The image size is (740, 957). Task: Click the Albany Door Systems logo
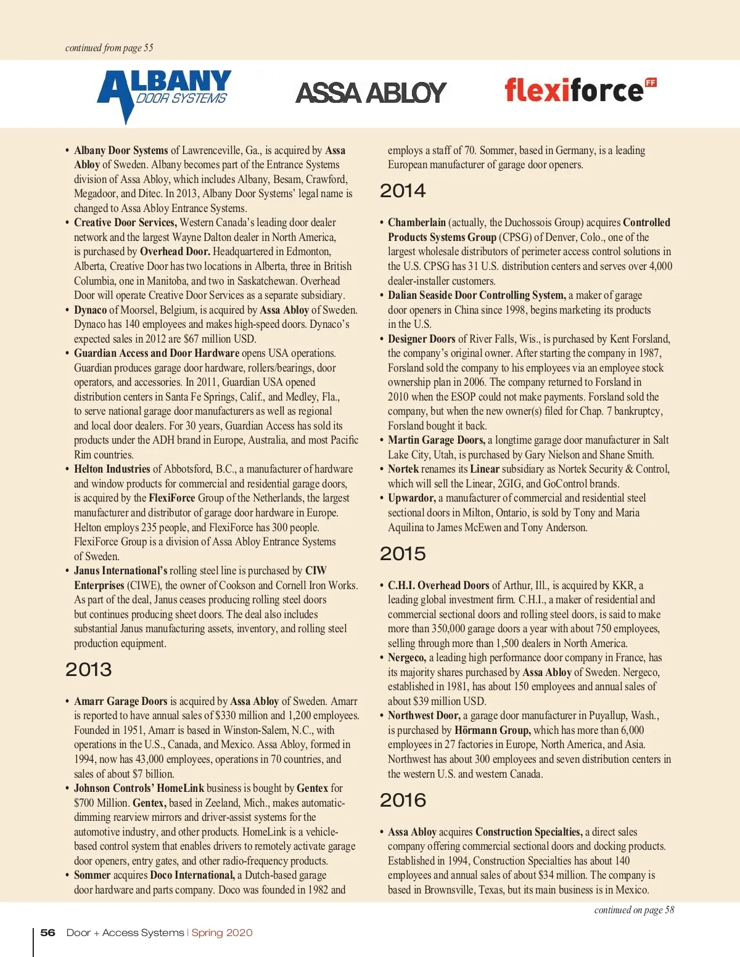click(x=164, y=94)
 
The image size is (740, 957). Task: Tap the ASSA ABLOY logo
click(x=371, y=93)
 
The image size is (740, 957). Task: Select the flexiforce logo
click(x=580, y=90)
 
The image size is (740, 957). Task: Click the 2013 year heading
click(x=89, y=670)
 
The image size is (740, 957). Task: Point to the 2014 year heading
click(x=403, y=191)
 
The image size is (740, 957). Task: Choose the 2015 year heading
click(x=403, y=554)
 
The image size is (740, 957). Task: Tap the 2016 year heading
click(x=403, y=800)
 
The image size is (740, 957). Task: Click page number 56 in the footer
click(x=47, y=933)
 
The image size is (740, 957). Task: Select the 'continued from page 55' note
click(x=109, y=48)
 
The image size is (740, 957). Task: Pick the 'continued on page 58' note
click(x=634, y=910)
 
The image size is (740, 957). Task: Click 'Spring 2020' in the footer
click(x=222, y=933)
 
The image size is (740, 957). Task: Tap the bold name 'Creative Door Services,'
click(x=125, y=222)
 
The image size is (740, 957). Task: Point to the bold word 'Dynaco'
click(x=91, y=310)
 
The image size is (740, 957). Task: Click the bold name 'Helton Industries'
click(x=112, y=469)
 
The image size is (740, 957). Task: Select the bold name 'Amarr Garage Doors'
click(x=121, y=701)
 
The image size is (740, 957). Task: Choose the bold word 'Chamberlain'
click(x=417, y=222)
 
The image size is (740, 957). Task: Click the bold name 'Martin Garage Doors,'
click(x=437, y=440)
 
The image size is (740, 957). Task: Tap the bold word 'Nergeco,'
click(x=407, y=658)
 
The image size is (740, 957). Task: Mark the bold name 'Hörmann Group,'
click(x=492, y=730)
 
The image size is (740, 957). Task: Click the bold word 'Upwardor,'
click(x=412, y=498)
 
